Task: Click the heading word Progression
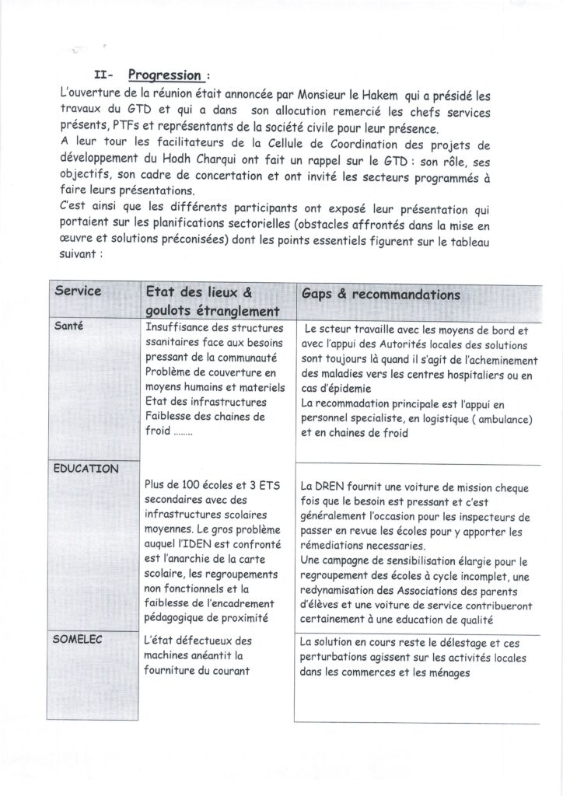pyautogui.click(x=164, y=75)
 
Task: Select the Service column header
pyautogui.click(x=78, y=292)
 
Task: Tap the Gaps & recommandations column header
pyautogui.click(x=380, y=295)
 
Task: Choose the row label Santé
pyautogui.click(x=69, y=326)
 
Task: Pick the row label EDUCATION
pyautogui.click(x=86, y=469)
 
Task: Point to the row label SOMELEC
pyautogui.click(x=79, y=639)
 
